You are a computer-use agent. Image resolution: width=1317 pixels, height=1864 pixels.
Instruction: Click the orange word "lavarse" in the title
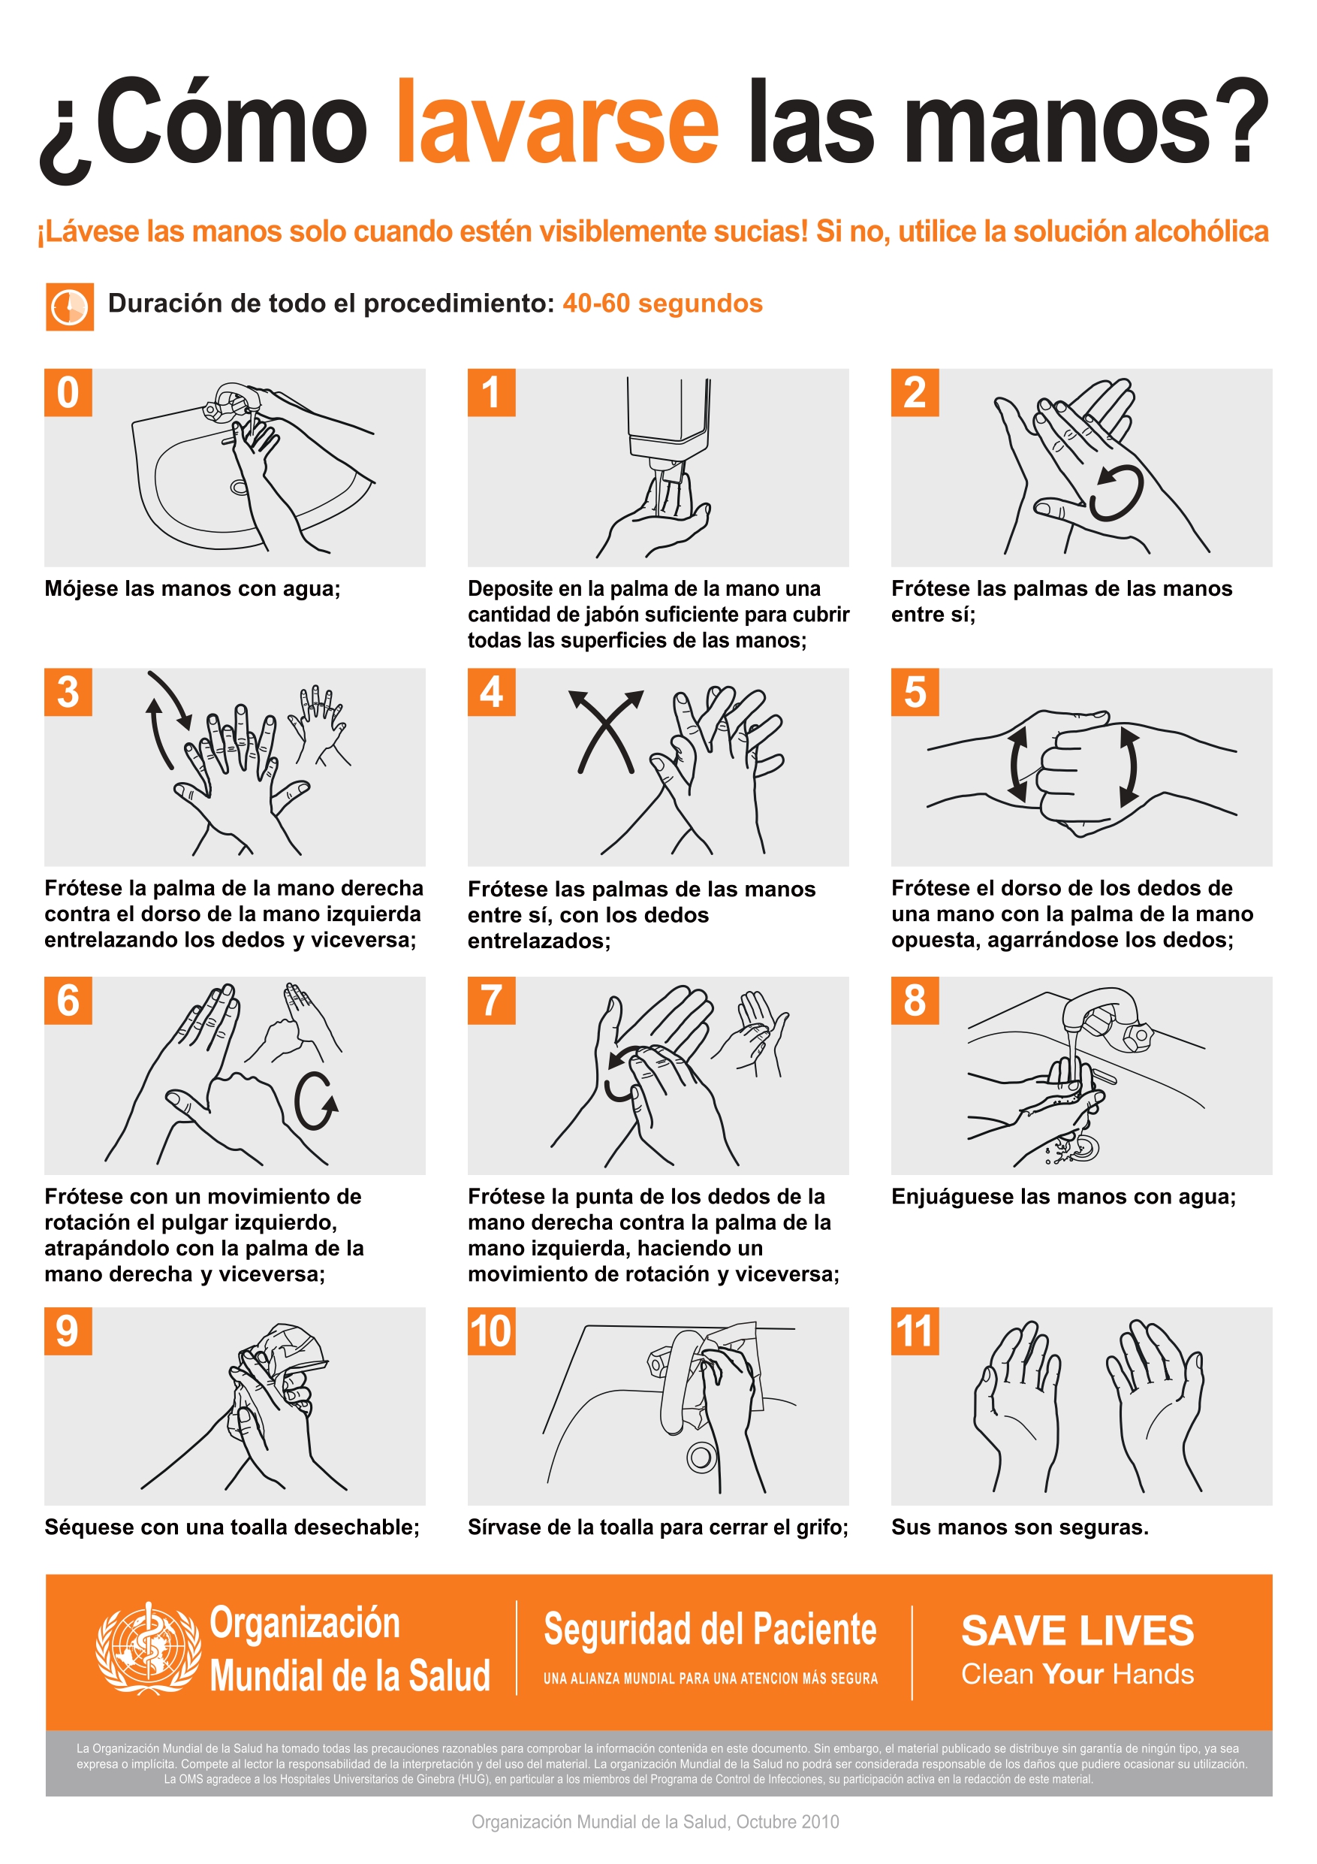click(x=557, y=121)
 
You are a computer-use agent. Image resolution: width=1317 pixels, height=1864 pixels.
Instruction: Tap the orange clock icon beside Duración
click(x=70, y=306)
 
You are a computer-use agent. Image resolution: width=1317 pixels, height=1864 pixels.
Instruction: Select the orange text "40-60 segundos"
click(x=662, y=303)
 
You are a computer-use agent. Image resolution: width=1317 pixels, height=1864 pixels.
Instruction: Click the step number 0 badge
click(x=68, y=392)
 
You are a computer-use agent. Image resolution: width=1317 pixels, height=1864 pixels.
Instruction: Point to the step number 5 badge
click(x=915, y=692)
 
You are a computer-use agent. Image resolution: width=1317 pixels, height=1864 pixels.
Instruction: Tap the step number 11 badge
click(x=915, y=1331)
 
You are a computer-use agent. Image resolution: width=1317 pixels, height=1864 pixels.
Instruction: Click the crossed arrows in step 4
click(x=605, y=732)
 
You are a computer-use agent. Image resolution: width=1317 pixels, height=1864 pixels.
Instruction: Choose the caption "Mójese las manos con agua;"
click(x=192, y=588)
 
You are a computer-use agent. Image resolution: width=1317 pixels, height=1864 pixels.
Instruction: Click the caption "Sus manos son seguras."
click(x=1020, y=1527)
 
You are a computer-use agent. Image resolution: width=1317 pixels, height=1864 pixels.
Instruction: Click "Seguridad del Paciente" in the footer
click(x=710, y=1629)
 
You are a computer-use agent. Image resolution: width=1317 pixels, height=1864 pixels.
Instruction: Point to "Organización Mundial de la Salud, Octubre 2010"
click(x=655, y=1822)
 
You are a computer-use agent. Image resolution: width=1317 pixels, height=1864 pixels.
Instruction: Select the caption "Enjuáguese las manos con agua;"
click(x=1063, y=1196)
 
